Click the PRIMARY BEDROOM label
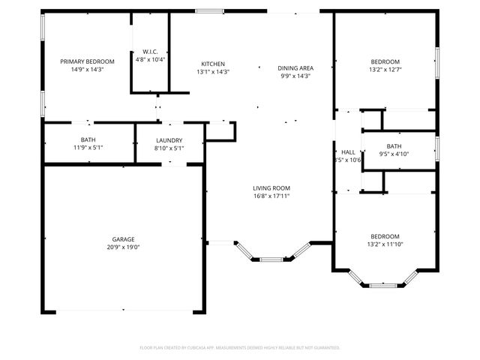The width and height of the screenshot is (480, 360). coord(87,61)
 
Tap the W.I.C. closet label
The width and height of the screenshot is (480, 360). coord(149,51)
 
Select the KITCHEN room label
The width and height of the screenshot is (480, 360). coord(213,64)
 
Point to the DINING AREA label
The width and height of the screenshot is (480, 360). coord(295,67)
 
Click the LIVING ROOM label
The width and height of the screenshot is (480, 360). coord(271,187)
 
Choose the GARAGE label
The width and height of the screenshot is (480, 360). coord(123,239)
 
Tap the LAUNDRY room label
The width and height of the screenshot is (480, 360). coord(169,140)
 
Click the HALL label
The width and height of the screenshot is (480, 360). coord(348,152)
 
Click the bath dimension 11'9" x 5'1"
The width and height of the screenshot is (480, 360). coord(88,148)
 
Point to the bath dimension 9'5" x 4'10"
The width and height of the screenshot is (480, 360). coord(394,154)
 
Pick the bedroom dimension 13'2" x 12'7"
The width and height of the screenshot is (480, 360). coord(385,69)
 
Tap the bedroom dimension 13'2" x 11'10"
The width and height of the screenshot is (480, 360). coord(384,244)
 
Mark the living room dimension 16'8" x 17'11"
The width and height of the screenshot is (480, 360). coord(271,196)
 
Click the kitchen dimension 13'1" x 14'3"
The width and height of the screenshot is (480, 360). coord(213,72)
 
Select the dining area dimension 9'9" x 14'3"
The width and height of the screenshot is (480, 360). coord(295,76)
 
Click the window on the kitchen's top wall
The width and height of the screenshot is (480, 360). coord(209,11)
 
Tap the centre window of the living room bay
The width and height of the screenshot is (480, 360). coord(271,259)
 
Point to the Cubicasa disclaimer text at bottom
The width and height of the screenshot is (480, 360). coord(240,347)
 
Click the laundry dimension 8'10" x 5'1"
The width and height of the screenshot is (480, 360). coord(169,148)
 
